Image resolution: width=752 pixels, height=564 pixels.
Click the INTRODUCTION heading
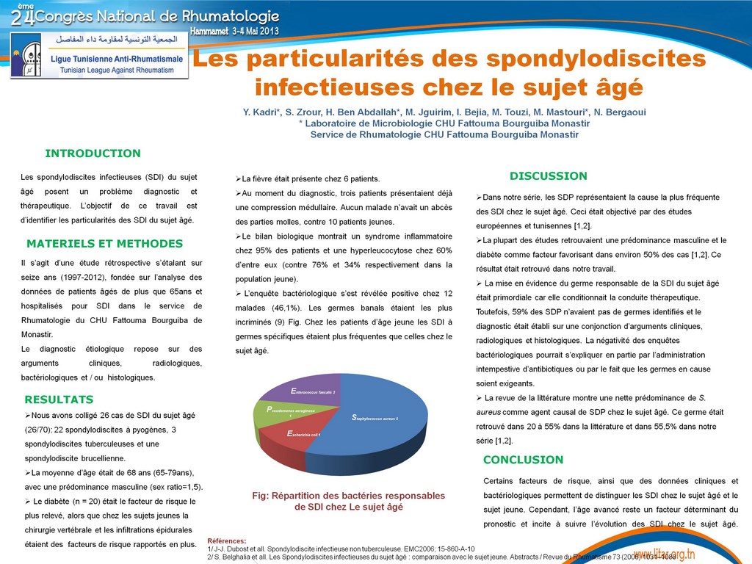tap(93, 153)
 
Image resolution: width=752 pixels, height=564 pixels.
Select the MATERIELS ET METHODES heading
tap(104, 244)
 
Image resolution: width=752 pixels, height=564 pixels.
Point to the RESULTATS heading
tap(59, 399)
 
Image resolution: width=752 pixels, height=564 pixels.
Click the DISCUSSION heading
tap(548, 176)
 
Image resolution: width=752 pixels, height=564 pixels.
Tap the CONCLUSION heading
tap(523, 460)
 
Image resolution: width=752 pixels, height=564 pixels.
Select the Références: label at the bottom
tap(228, 540)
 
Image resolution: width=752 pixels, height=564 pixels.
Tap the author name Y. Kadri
tap(261, 112)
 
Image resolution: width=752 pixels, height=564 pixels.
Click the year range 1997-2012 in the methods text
tap(101, 277)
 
